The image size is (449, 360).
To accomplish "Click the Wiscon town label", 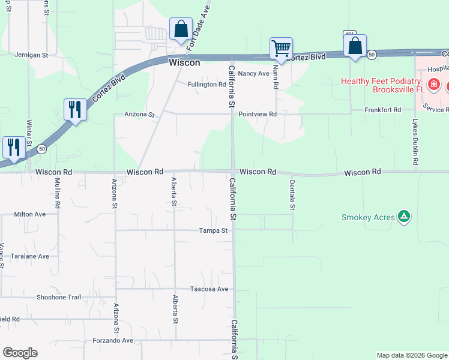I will click(184, 62).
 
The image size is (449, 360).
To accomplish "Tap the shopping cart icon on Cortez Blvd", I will click(281, 49).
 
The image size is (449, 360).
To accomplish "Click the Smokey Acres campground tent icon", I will click(404, 217).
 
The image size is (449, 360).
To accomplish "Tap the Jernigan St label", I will click(31, 55).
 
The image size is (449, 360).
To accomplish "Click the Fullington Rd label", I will click(206, 85).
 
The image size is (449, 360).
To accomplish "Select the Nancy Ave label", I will click(253, 73).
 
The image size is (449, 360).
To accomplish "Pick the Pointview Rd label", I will click(257, 114).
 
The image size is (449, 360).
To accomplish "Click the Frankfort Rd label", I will click(384, 110).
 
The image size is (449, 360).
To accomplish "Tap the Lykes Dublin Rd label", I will click(415, 142).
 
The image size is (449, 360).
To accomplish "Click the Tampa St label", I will click(214, 230).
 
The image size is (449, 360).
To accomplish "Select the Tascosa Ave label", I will click(209, 289).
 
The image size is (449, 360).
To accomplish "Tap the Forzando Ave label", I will click(113, 340).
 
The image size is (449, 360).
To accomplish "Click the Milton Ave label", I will click(30, 214).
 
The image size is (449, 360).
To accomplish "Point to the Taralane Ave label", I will click(30, 256).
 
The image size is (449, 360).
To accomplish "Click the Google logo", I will click(20, 353).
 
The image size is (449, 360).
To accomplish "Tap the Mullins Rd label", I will click(58, 193).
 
